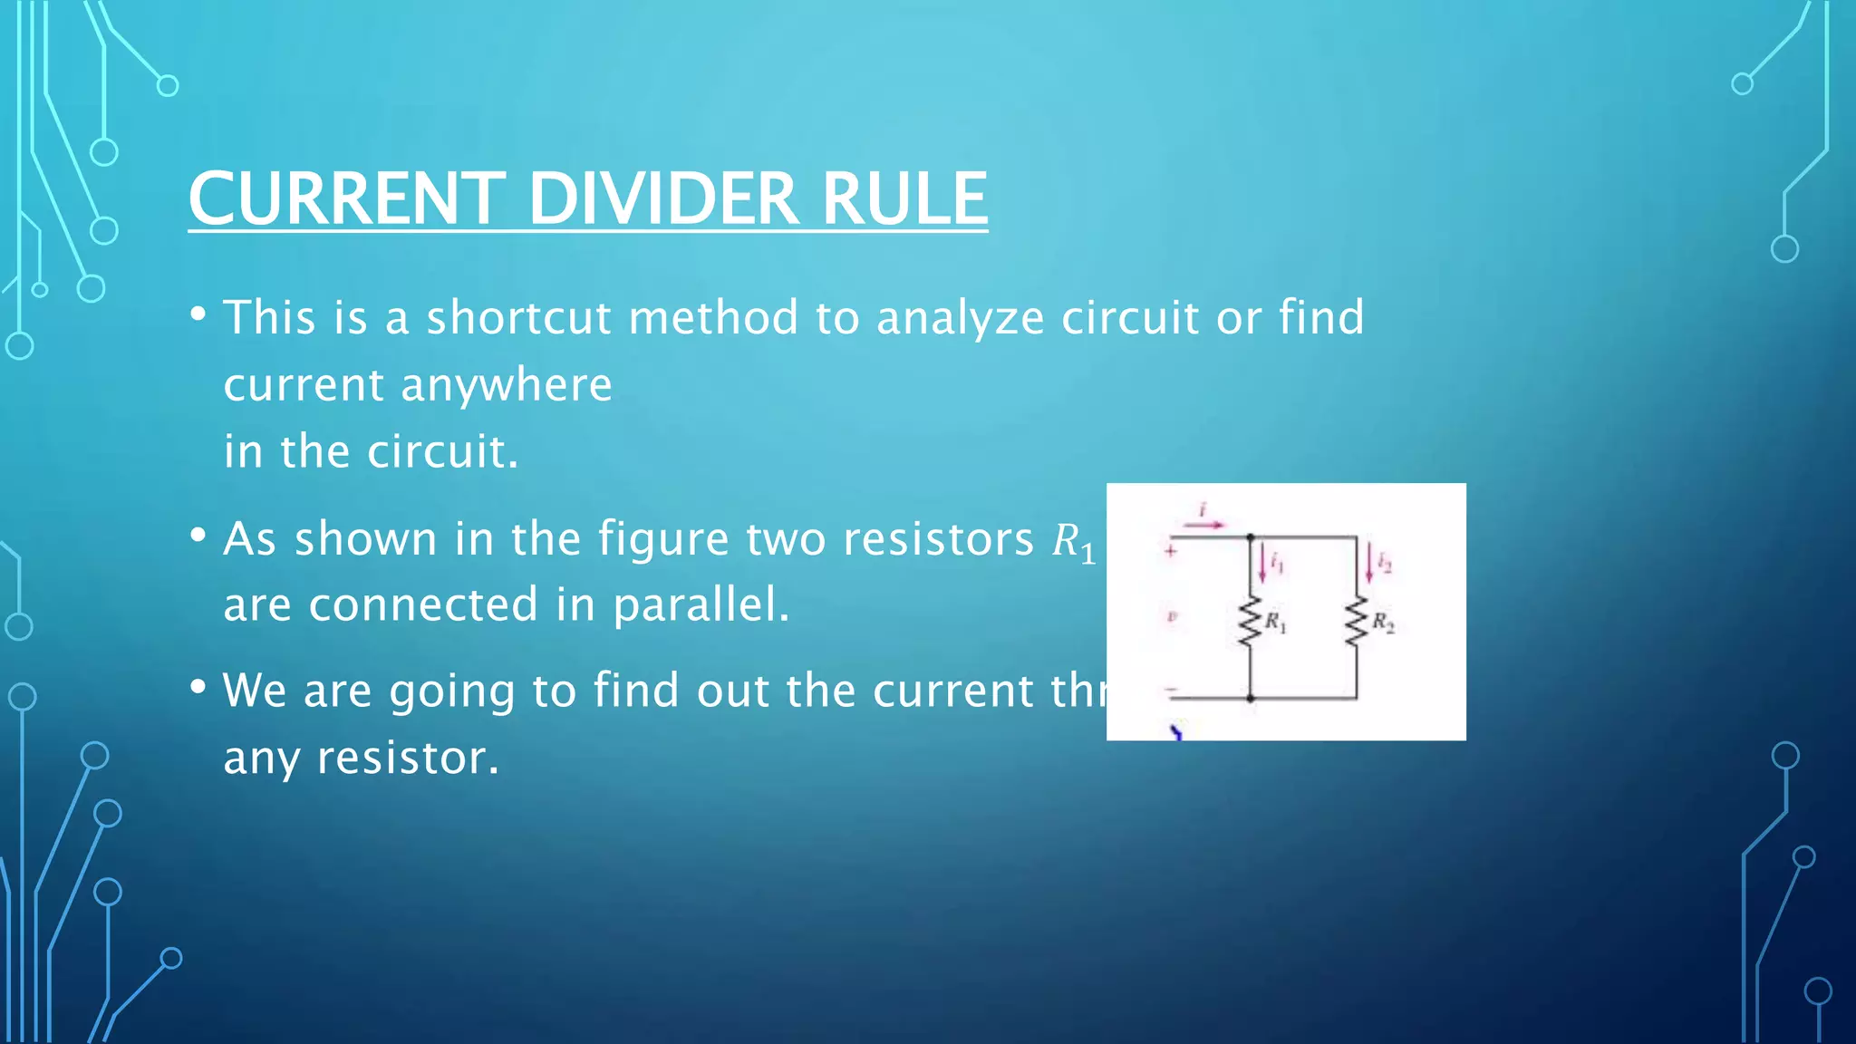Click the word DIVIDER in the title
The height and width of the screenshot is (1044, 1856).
[x=662, y=198]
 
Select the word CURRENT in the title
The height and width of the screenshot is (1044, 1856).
[x=346, y=198]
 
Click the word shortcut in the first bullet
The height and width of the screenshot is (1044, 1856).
[x=518, y=318]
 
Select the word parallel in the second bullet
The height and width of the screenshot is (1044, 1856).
[x=701, y=604]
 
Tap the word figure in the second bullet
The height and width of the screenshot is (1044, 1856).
[x=663, y=540]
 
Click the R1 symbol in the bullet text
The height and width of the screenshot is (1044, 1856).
[x=1073, y=542]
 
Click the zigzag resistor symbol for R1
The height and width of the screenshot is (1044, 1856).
[x=1251, y=622]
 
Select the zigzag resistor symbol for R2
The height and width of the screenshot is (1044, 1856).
[x=1356, y=622]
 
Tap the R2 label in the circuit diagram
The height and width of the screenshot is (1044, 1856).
[x=1383, y=622]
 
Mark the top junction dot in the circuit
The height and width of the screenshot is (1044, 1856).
[x=1251, y=537]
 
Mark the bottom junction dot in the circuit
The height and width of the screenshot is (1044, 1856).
[x=1251, y=699]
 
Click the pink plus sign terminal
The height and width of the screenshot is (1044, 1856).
[x=1171, y=550]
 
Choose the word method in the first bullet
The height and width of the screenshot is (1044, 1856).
[x=713, y=318]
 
